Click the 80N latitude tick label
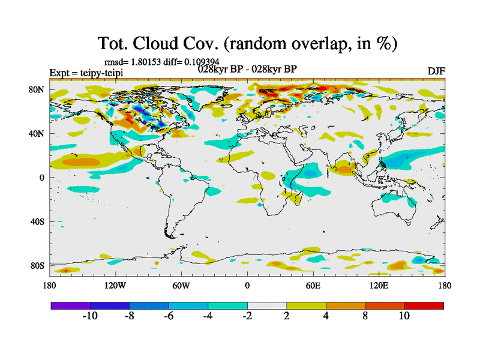[x=37, y=90]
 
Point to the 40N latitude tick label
[x=37, y=134]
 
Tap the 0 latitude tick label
[x=42, y=178]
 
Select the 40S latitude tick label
[x=37, y=221]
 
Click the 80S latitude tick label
[x=37, y=265]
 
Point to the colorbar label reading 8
[x=365, y=316]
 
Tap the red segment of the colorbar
[x=424, y=305]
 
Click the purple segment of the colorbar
[x=70, y=305]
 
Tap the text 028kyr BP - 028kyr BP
[x=247, y=68]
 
